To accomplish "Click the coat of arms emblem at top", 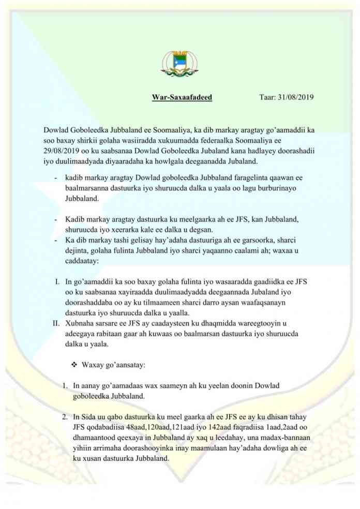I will pos(180,64).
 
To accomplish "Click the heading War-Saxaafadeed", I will pos(182,97).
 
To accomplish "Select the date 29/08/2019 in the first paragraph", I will pos(64,150).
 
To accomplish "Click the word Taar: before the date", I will pos(267,97).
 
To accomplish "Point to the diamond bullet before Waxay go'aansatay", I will pos(73,365).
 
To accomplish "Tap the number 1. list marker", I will pos(65,386).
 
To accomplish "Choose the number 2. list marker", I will pos(65,417).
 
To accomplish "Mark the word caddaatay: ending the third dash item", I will pos(85,261).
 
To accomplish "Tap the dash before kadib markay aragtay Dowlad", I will pos(56,178).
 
